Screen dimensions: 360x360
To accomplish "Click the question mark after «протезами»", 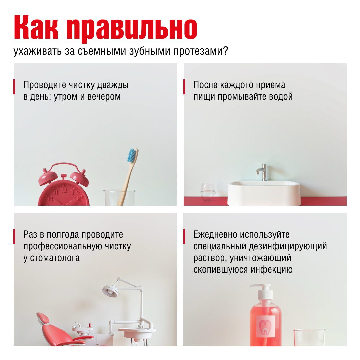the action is [225, 51].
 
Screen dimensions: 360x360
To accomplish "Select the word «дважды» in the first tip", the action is [113, 85].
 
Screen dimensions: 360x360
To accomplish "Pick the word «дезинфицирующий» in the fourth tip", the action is [288, 246].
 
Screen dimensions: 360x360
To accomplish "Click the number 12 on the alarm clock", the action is [64, 190].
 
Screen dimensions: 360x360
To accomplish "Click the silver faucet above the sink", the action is [262, 172].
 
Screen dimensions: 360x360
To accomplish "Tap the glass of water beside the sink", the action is [208, 192].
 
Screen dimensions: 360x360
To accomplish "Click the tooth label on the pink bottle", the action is [265, 326].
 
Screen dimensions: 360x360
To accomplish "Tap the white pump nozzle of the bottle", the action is [260, 286].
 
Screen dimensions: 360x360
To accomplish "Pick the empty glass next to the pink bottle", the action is [309, 337].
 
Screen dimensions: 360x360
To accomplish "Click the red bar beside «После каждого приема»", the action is [184, 87].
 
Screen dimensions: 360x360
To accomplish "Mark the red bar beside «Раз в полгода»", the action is [14, 236].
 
